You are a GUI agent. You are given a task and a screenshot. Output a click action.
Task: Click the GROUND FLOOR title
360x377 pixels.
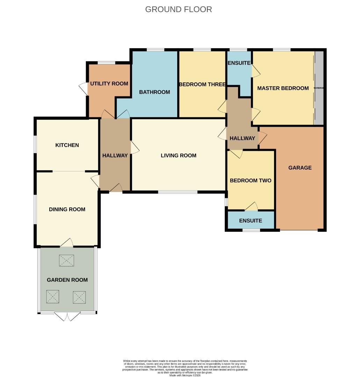179,9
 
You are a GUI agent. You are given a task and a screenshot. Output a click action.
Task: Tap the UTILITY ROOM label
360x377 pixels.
109,84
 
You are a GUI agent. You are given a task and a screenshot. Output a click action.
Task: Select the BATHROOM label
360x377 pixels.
154,92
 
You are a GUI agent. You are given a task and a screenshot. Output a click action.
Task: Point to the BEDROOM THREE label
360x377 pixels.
202,84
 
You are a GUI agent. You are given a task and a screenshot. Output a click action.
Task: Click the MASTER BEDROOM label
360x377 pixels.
283,88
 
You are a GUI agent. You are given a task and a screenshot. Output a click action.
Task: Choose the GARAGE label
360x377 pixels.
300,168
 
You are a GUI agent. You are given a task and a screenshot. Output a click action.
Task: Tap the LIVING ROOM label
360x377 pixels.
178,156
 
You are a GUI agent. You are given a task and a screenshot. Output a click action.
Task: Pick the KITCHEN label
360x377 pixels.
67,145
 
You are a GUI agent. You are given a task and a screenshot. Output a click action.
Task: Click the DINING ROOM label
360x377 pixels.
67,209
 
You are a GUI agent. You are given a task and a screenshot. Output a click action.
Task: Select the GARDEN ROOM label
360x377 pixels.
67,280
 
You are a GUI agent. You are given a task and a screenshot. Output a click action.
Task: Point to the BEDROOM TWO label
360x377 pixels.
250,181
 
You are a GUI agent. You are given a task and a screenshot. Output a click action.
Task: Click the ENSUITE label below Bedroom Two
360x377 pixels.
250,221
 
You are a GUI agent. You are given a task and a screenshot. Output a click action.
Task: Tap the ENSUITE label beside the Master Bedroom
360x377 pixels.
239,63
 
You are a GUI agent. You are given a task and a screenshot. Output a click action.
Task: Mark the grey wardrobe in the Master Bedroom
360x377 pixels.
319,88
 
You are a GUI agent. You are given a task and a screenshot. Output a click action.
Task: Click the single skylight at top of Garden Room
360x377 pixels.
67,260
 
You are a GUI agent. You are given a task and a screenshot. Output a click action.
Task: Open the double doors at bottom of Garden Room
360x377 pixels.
67,316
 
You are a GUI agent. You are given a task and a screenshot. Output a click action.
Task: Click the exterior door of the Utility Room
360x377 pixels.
84,89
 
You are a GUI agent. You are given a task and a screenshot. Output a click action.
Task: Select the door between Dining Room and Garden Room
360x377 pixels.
67,243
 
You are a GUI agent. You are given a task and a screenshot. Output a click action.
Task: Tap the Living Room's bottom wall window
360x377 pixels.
178,192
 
